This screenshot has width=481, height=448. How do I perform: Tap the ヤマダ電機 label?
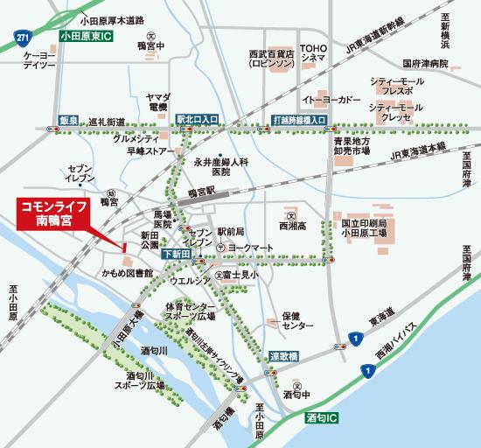(x=158, y=100)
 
